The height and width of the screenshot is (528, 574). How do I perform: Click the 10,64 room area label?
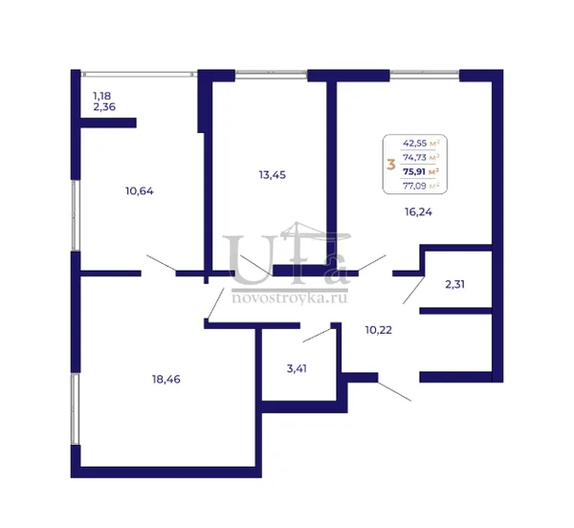[x=140, y=191]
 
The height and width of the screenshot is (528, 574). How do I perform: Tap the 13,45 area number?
[x=273, y=175]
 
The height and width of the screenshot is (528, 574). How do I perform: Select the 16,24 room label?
[x=418, y=211]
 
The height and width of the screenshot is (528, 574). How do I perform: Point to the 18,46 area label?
[x=166, y=380]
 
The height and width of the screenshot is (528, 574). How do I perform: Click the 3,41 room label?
[x=297, y=368]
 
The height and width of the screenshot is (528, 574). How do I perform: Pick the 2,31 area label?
[x=455, y=284]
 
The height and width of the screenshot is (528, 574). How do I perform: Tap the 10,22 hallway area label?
[x=379, y=330]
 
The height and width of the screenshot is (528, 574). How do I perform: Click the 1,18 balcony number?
[x=101, y=96]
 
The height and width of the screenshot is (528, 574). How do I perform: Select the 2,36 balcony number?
[x=104, y=107]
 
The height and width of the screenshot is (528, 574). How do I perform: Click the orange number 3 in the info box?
[x=391, y=165]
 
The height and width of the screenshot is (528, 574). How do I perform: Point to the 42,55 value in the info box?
[x=415, y=143]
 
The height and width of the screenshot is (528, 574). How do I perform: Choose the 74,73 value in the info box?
[x=415, y=157]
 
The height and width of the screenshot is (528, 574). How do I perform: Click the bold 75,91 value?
[x=415, y=171]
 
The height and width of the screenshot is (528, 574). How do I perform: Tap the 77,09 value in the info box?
[x=415, y=186]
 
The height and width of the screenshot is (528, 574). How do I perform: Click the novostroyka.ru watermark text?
[x=290, y=297]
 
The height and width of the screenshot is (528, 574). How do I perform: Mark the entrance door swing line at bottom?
[x=394, y=391]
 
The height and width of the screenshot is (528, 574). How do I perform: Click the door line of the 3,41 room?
[x=318, y=335]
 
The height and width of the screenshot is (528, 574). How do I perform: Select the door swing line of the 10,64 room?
[x=162, y=263]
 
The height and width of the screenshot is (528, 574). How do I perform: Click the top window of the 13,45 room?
[x=271, y=75]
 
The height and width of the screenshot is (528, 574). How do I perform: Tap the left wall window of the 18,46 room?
[x=75, y=409]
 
